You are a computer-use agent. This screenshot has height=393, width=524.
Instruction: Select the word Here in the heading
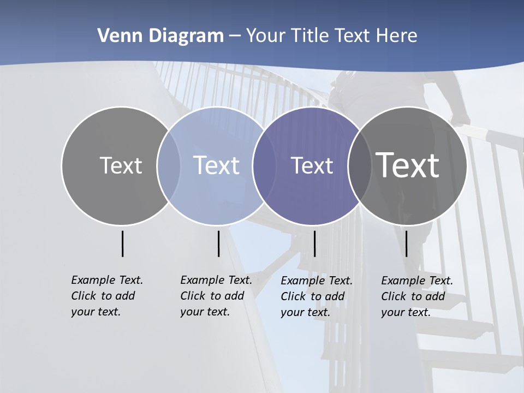tap(396, 36)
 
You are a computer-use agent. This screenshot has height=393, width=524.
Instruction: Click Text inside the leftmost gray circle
tap(121, 165)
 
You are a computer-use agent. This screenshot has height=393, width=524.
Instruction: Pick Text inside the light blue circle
tap(216, 165)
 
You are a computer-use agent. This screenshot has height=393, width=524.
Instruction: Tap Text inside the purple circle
tap(312, 165)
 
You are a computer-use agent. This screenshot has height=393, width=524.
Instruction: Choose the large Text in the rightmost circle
tap(408, 165)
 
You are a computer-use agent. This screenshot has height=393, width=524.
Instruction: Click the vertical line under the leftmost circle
tap(122, 243)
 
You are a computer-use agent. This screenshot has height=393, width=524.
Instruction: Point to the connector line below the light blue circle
tap(218, 243)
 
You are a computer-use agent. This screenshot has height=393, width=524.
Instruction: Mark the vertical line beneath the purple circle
tap(314, 243)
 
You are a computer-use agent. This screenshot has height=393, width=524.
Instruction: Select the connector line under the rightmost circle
tap(406, 243)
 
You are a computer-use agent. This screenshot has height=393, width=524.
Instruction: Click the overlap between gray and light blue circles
tap(169, 165)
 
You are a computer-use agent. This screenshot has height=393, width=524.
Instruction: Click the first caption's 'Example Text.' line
tap(107, 280)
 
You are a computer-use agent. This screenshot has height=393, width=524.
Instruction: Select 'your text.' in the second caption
tap(205, 312)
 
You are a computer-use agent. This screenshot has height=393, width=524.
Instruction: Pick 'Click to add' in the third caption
tap(313, 296)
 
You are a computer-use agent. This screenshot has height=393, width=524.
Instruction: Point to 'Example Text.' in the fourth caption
tap(417, 281)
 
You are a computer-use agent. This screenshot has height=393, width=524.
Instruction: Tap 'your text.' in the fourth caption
tap(406, 312)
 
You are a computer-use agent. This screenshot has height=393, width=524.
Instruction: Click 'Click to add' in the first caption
tap(103, 296)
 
